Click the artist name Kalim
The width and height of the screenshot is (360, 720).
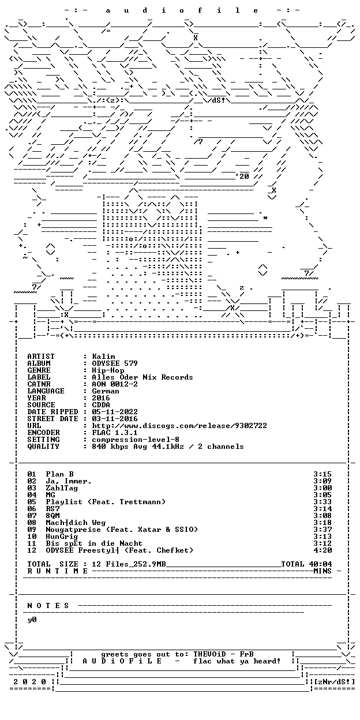pos(103,357)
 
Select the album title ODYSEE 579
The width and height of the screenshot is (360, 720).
pos(115,363)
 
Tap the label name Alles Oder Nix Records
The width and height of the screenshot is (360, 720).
pos(142,377)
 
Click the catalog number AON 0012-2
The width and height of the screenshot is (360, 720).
pos(115,384)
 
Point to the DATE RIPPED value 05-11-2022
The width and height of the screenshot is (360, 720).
pos(115,412)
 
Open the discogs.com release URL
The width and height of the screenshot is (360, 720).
pos(179,426)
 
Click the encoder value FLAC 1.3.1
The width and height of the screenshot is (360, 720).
pos(115,433)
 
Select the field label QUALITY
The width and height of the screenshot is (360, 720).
pos(43,447)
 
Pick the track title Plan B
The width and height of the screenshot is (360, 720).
pos(60,474)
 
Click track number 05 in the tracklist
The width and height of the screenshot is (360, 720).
pos(32,502)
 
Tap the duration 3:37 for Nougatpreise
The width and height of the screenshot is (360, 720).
pos(322,530)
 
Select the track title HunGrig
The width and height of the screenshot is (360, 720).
pos(62,537)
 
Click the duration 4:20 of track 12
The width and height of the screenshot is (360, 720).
pos(322,550)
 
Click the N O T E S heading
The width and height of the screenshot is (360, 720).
pos(48,606)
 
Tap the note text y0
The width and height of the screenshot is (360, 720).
pos(32,620)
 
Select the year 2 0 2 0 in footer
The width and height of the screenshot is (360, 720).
pos(29,682)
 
